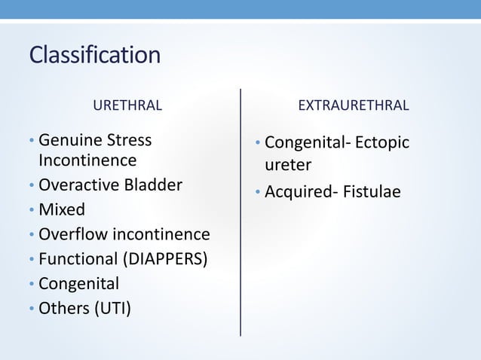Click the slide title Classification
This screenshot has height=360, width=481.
pyautogui.click(x=94, y=55)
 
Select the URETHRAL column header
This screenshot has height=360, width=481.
pyautogui.click(x=127, y=105)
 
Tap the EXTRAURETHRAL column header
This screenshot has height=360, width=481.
pyautogui.click(x=354, y=105)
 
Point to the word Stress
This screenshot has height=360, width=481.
pyautogui.click(x=130, y=140)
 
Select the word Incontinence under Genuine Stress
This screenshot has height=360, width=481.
pyautogui.click(x=87, y=160)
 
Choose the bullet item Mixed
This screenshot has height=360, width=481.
pyautogui.click(x=62, y=209)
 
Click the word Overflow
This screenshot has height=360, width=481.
pyautogui.click(x=73, y=233)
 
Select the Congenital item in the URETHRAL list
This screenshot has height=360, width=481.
pyautogui.click(x=78, y=283)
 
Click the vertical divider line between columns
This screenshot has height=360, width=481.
pyautogui.click(x=240, y=211)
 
